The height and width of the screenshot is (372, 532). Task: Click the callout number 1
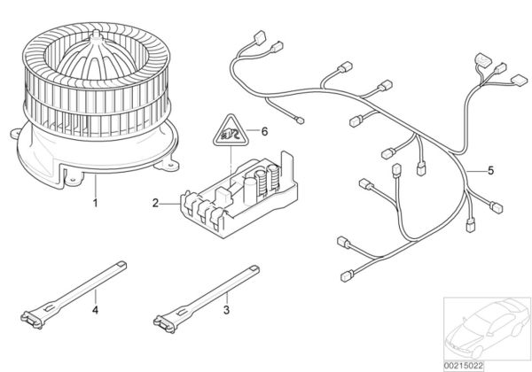(x=94, y=203)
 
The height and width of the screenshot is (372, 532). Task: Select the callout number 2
(x=154, y=203)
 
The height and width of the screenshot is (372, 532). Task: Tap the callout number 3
(x=226, y=310)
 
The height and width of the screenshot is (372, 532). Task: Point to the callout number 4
(x=94, y=310)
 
